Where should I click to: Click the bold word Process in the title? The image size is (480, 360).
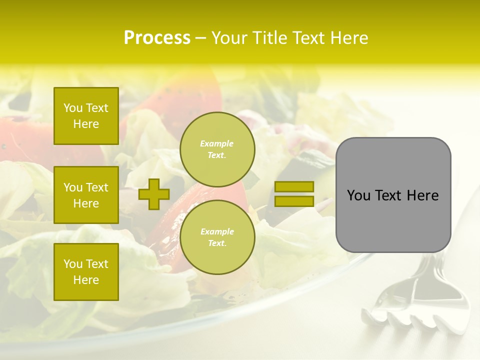pyautogui.click(x=157, y=38)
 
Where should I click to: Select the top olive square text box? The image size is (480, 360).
pyautogui.click(x=86, y=116)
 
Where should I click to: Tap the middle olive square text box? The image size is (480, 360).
pyautogui.click(x=86, y=195)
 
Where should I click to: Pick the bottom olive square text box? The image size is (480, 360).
pyautogui.click(x=86, y=272)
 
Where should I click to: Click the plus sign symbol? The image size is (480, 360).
pyautogui.click(x=154, y=194)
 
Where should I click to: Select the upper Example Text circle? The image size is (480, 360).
pyautogui.click(x=217, y=149)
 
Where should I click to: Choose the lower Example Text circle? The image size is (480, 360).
pyautogui.click(x=217, y=237)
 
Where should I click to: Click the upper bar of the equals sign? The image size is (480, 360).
pyautogui.click(x=294, y=186)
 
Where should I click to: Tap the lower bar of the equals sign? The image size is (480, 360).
pyautogui.click(x=294, y=201)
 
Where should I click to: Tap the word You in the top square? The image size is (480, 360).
pyautogui.click(x=73, y=108)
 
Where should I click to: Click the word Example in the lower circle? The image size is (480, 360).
pyautogui.click(x=217, y=231)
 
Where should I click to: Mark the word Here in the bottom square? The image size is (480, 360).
pyautogui.click(x=86, y=280)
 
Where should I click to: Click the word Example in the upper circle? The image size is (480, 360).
pyautogui.click(x=217, y=143)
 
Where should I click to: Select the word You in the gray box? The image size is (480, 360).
pyautogui.click(x=358, y=195)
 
